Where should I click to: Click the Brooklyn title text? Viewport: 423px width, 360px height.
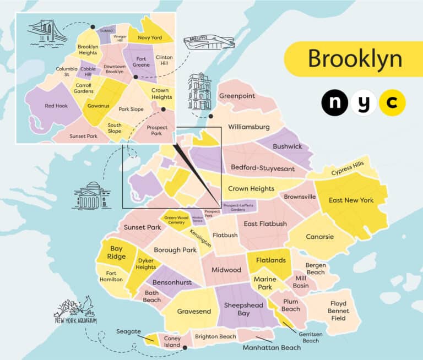(x=355, y=58)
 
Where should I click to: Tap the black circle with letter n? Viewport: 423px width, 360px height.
(x=335, y=103)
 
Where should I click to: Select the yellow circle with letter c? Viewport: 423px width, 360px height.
(x=392, y=103)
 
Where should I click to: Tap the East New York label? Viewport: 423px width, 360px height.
(x=351, y=200)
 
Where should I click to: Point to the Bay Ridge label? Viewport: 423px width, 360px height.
(x=116, y=253)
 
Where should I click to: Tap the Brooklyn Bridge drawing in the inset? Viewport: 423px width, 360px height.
(x=47, y=31)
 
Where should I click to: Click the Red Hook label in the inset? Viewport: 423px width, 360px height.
(x=56, y=105)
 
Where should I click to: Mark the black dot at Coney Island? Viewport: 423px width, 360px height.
(x=185, y=348)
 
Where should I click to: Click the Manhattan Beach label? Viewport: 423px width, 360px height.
(x=272, y=347)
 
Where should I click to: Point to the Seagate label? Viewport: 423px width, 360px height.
(x=128, y=332)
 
